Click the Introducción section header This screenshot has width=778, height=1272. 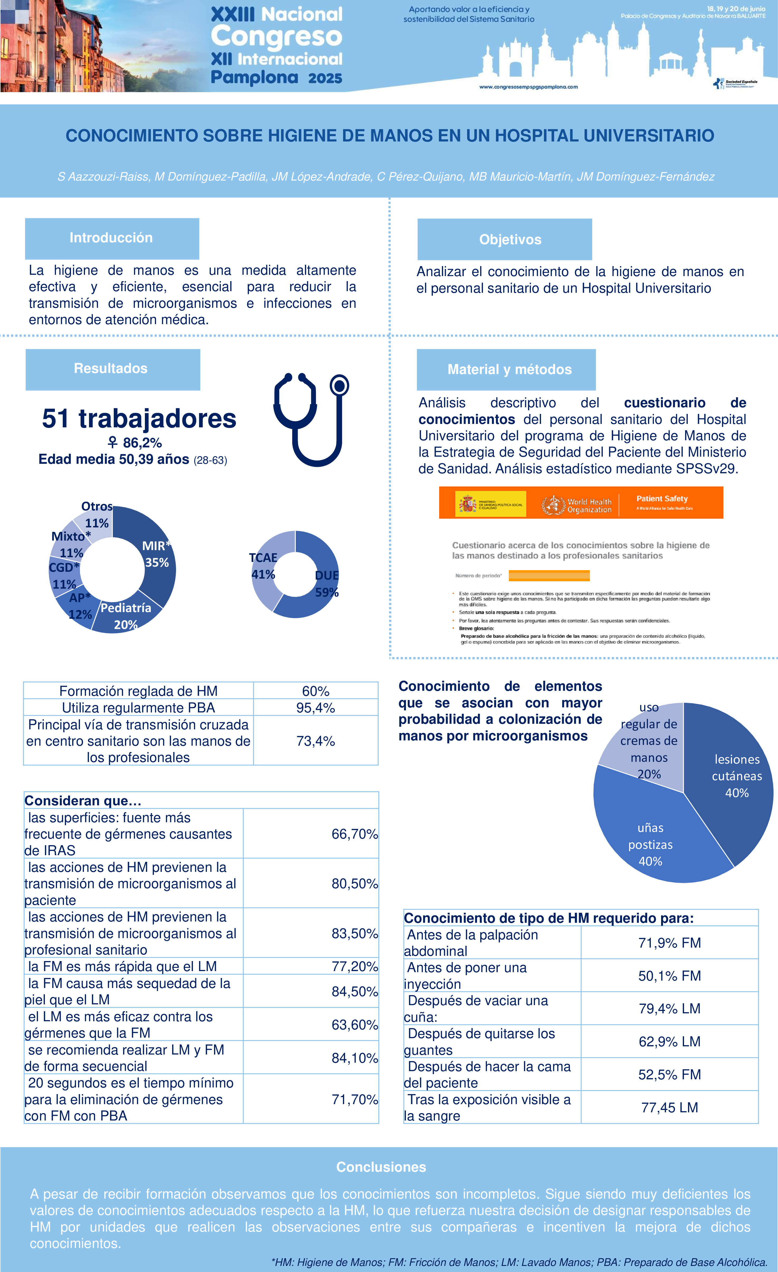pyautogui.click(x=112, y=238)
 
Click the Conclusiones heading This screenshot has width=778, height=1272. pyautogui.click(x=381, y=1167)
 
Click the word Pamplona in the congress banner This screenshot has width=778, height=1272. pyautogui.click(x=254, y=77)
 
